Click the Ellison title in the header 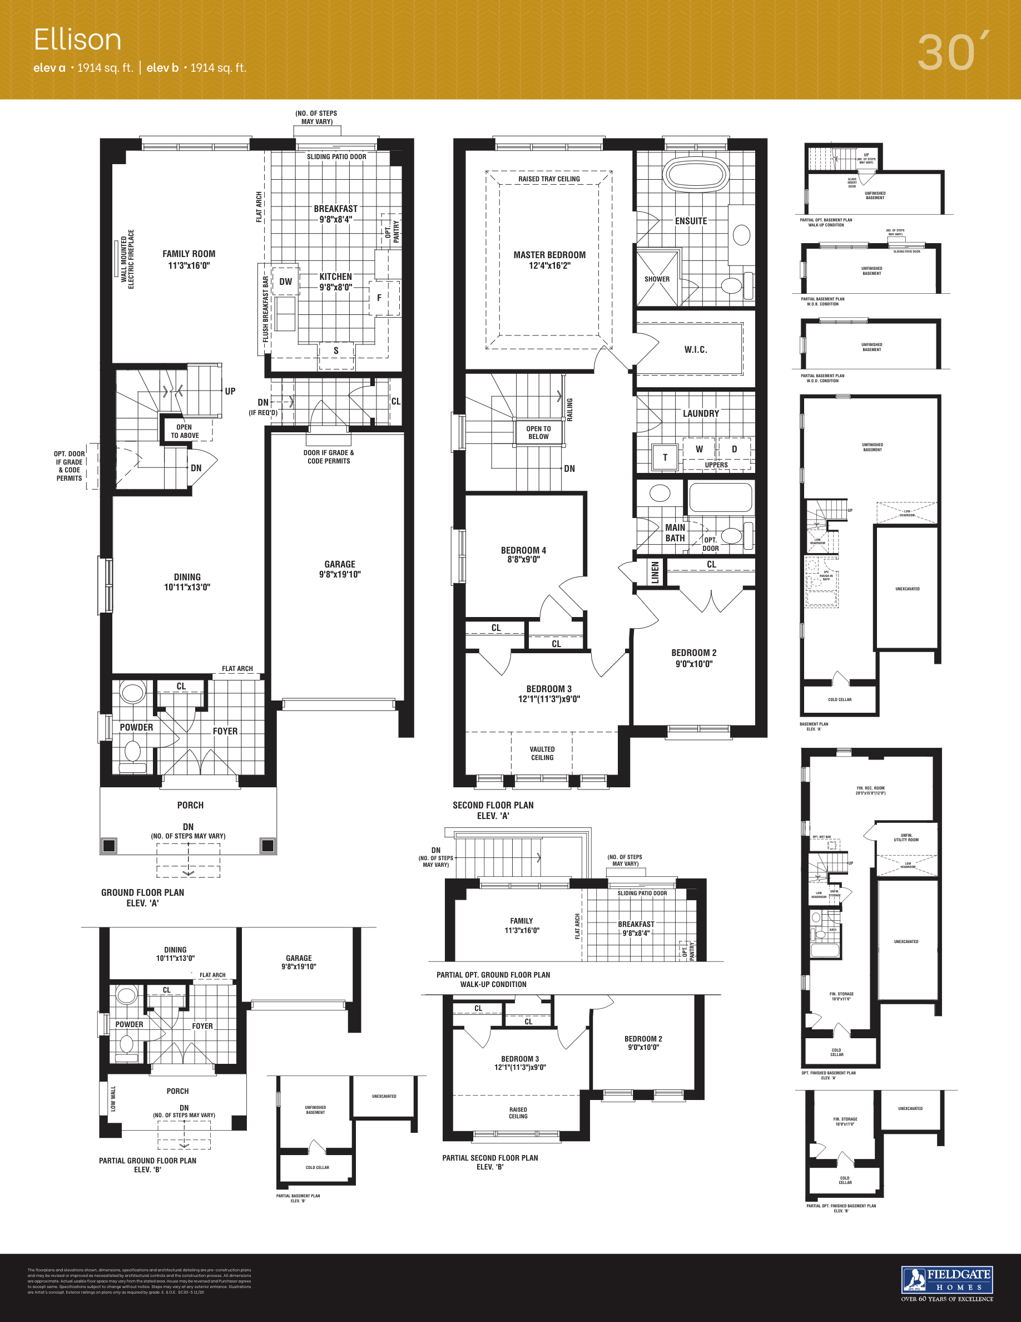[x=77, y=40]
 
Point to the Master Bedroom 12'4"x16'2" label [x=549, y=260]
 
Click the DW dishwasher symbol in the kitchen [x=285, y=282]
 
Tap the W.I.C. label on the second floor [x=696, y=350]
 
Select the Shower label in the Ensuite [x=657, y=279]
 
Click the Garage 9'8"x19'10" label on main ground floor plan [x=339, y=569]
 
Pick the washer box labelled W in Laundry [x=699, y=449]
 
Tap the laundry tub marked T [x=665, y=457]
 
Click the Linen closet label [x=655, y=573]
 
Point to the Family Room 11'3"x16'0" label [x=189, y=260]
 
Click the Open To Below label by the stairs [x=538, y=432]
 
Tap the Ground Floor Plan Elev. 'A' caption [x=143, y=897]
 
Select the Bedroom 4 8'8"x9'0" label [x=523, y=555]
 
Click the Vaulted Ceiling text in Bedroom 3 [x=542, y=753]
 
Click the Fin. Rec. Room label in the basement [x=870, y=791]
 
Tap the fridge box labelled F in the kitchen [x=379, y=298]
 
